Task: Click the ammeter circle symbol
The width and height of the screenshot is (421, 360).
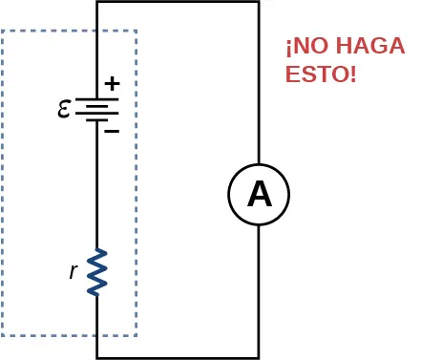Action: point(259,195)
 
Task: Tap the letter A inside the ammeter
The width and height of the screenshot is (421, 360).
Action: point(259,195)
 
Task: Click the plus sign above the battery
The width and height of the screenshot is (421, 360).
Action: point(112,83)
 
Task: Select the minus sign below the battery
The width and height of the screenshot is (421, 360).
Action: point(112,130)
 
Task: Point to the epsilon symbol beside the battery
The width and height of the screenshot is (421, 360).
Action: point(64,109)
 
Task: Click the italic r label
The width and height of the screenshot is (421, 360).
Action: point(74,271)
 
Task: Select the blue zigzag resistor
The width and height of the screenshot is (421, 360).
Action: point(97,272)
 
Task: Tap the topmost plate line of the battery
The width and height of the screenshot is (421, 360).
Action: point(96,99)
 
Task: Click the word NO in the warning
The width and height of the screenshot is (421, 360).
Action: point(307,46)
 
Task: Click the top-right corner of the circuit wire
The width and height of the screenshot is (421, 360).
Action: point(259,2)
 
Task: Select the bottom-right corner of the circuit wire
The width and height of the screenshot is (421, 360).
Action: point(259,357)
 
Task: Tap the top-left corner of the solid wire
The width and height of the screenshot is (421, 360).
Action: point(97,2)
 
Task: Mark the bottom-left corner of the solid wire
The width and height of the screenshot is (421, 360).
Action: point(97,357)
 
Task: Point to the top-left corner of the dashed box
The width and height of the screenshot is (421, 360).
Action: point(3,31)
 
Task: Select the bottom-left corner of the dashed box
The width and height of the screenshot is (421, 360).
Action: point(3,335)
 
